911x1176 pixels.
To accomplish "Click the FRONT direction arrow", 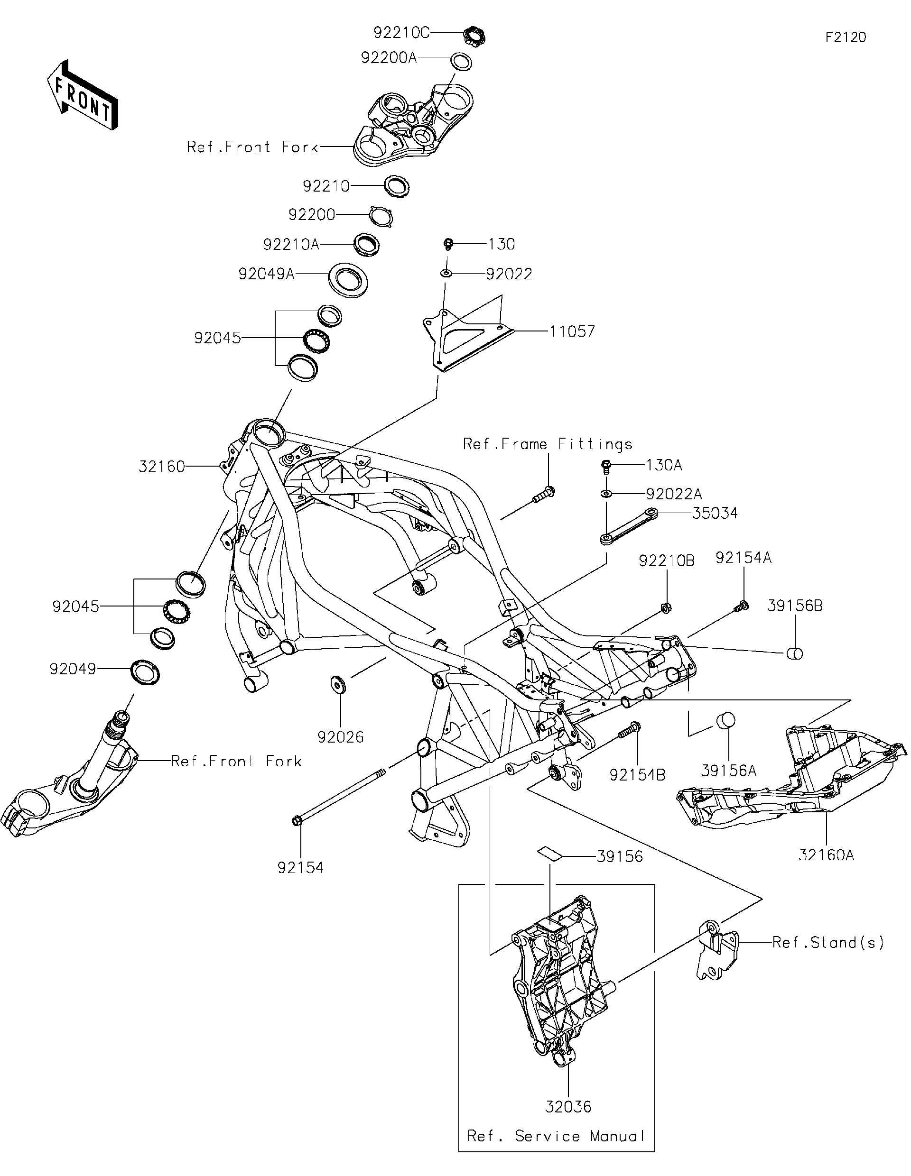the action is point(82,96).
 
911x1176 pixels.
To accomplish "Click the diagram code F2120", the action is point(845,37).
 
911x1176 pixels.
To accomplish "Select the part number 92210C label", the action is point(401,33).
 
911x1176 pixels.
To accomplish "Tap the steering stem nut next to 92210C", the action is point(474,36).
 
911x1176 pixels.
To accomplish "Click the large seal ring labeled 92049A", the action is point(349,279).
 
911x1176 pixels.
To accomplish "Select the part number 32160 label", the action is point(162,466).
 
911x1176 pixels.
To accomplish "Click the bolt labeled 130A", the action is point(606,465).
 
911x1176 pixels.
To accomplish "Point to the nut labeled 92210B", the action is point(665,608).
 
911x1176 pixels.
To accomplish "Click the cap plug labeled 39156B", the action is point(795,654).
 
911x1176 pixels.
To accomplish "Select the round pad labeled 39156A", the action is point(725,720).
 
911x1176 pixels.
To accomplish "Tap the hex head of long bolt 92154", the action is point(297,821).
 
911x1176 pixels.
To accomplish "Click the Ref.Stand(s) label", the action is point(828,942).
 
